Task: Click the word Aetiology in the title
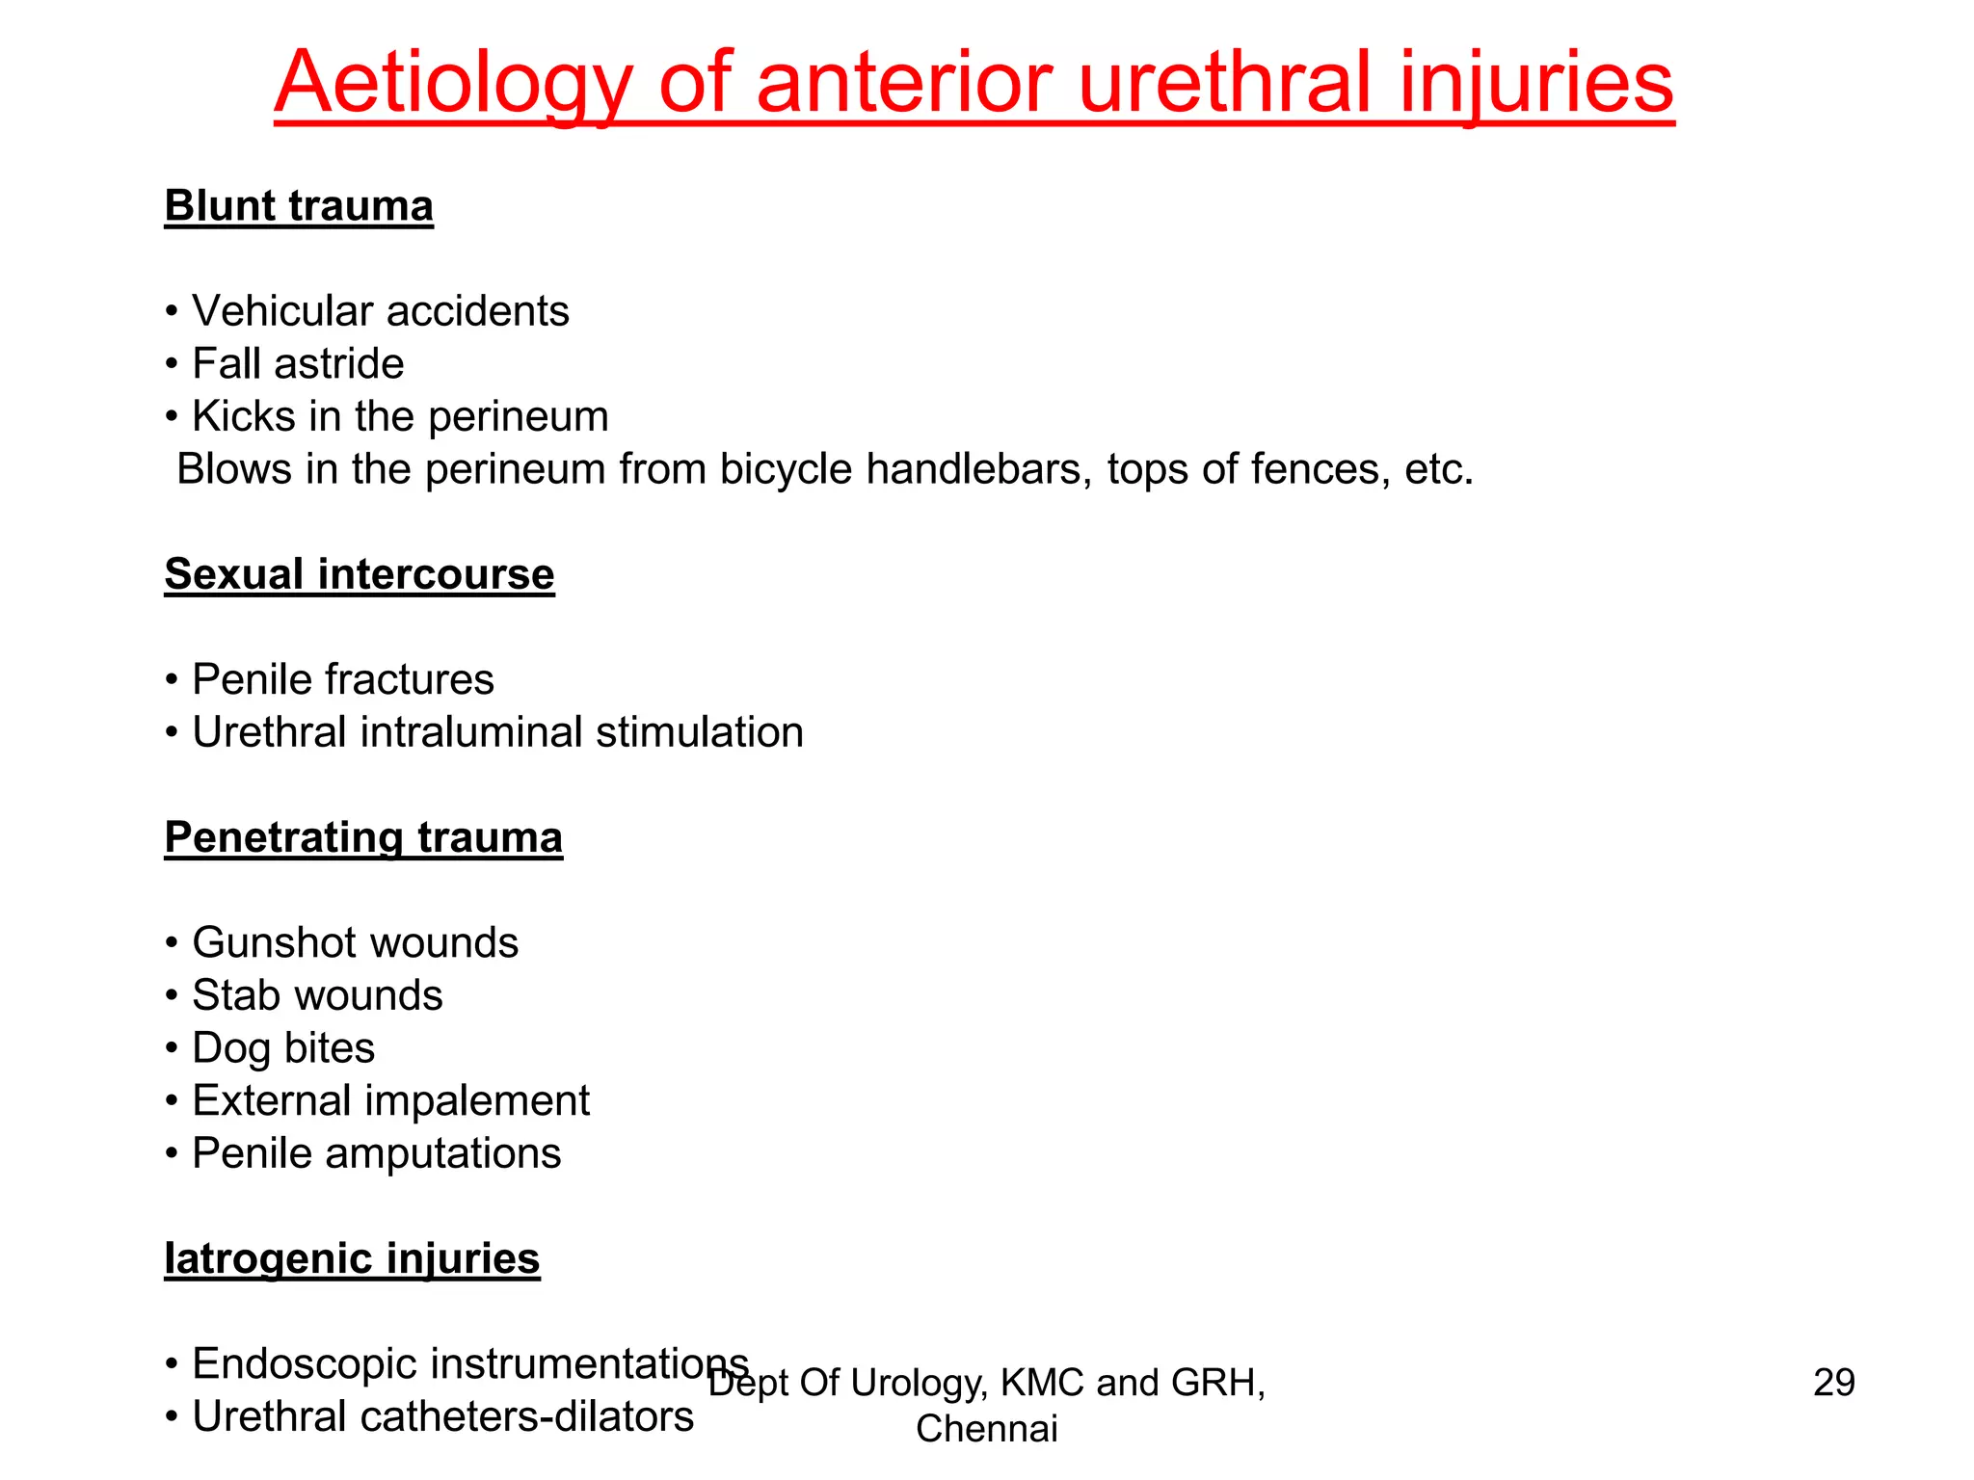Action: [x=453, y=85]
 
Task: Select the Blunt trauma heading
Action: [x=299, y=206]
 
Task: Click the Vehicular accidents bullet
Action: [x=380, y=311]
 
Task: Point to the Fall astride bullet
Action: [x=297, y=364]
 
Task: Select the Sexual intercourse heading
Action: [x=360, y=574]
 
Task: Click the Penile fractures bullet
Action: [x=342, y=679]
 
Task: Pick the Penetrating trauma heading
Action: [x=363, y=837]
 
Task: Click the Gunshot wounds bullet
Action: [x=355, y=942]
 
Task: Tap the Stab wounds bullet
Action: [x=317, y=995]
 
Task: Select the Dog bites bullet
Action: [x=282, y=1048]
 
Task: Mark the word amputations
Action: [x=442, y=1153]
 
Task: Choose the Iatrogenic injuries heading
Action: [x=352, y=1258]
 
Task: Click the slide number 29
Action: [x=1833, y=1383]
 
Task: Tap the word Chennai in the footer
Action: [x=986, y=1429]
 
